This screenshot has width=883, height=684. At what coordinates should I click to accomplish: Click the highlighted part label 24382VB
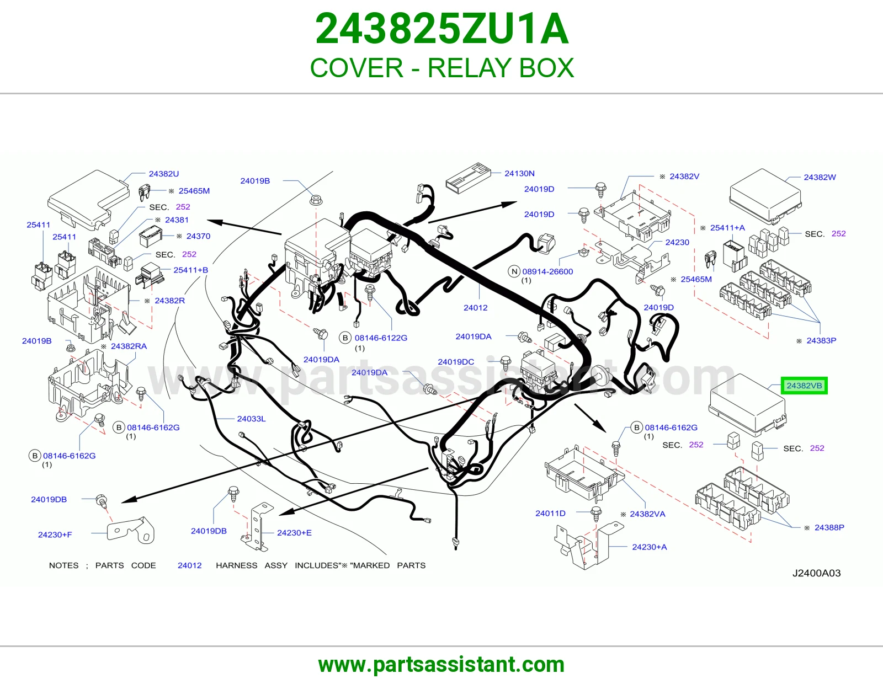tap(804, 386)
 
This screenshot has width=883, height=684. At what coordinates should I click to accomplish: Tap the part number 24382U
tap(164, 174)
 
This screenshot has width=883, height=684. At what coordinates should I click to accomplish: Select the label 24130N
tap(519, 173)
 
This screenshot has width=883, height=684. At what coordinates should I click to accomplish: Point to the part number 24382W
tap(820, 177)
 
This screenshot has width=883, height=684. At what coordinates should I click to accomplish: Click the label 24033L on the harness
tap(251, 419)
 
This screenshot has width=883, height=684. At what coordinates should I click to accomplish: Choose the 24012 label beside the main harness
tap(475, 307)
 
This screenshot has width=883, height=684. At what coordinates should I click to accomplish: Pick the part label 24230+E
tap(294, 533)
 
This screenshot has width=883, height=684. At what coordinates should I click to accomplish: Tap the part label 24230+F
tap(55, 535)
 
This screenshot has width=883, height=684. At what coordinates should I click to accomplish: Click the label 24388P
tap(829, 528)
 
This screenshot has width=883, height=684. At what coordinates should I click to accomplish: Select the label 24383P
tap(821, 341)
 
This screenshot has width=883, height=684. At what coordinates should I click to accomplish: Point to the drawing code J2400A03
tap(816, 573)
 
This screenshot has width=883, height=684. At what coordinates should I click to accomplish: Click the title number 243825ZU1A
tap(441, 29)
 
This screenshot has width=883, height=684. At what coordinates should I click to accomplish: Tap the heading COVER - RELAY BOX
tap(441, 67)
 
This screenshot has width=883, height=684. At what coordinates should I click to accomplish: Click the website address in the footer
tap(441, 665)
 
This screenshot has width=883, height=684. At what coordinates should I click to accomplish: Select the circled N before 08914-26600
tap(514, 271)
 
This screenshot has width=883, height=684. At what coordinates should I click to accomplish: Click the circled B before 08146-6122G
tap(345, 338)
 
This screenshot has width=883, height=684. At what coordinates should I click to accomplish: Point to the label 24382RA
tap(129, 346)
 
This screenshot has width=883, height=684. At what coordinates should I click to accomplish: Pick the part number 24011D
tap(550, 514)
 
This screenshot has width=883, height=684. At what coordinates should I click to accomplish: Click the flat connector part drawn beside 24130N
tap(468, 178)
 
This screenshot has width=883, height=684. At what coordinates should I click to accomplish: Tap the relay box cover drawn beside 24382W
tap(765, 196)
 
